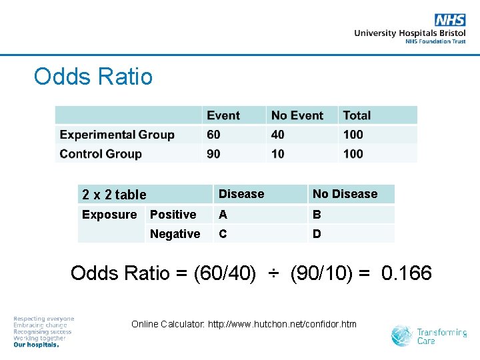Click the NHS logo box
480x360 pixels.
450,20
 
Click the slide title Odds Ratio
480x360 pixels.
93,77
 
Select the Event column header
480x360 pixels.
223,115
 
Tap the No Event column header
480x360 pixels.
297,115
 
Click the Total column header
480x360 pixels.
357,115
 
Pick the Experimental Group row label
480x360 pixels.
117,135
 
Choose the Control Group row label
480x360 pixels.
101,154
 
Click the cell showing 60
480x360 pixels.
213,135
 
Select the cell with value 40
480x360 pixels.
278,135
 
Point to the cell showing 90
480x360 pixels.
213,154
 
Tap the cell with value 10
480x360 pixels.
278,154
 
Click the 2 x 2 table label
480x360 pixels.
114,195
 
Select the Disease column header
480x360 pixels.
241,194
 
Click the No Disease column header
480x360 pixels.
345,194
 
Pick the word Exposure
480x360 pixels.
109,215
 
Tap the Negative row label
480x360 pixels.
175,234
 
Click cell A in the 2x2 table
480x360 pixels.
223,215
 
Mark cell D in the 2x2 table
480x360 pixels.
317,234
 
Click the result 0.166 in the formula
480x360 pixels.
407,273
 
